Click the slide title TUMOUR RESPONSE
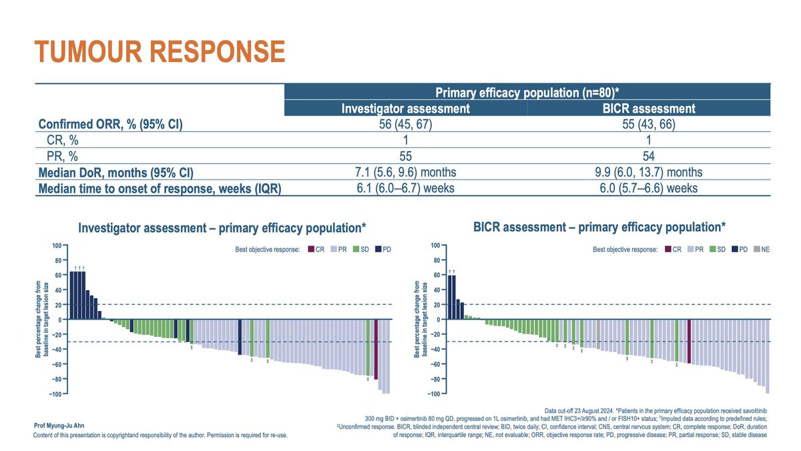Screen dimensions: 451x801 point(160,51)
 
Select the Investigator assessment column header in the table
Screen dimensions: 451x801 point(406,108)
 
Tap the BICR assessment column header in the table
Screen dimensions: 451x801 point(649,108)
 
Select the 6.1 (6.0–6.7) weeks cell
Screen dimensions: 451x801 point(406,188)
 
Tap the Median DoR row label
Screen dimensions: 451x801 point(115,173)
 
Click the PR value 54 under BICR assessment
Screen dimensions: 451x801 point(649,157)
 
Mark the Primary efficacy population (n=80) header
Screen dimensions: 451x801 point(527,92)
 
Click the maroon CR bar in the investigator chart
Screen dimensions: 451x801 point(376,350)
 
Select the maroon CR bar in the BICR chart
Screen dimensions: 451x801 point(689,342)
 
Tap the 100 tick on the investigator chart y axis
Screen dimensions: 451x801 point(58,246)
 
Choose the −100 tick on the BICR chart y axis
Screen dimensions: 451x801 point(434,394)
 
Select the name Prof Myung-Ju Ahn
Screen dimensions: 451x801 point(58,425)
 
